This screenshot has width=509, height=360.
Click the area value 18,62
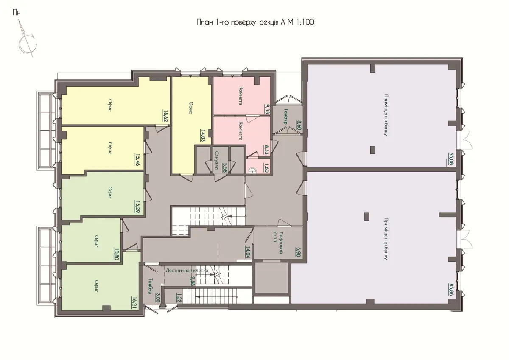165,116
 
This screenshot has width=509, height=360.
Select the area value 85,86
451,289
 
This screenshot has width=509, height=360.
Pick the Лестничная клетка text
187,271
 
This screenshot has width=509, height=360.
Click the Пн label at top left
17,13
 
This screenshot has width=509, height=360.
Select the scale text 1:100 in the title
305,22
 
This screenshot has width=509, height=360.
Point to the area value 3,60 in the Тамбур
298,125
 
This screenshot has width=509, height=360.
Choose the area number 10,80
117,254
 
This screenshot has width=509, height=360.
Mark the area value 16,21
134,302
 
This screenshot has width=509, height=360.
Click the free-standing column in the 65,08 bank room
373,150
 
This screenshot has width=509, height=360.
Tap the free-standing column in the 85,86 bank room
366,217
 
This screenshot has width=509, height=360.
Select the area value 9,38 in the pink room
267,109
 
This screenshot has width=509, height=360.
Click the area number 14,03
203,136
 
